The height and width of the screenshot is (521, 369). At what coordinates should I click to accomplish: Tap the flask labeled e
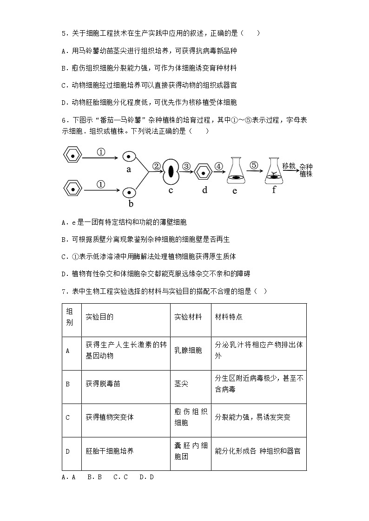[236, 171]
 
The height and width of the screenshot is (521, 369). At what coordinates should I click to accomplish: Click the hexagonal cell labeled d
[204, 171]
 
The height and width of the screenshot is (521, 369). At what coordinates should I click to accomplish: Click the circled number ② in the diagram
[157, 166]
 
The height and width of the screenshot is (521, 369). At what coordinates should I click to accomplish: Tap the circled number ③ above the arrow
[186, 166]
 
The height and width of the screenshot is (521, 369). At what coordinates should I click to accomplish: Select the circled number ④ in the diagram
[219, 166]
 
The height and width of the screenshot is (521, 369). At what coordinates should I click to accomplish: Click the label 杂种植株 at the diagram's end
[306, 170]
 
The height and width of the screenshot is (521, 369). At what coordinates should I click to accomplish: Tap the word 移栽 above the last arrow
[289, 166]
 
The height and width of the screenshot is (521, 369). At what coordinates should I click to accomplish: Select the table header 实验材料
[188, 317]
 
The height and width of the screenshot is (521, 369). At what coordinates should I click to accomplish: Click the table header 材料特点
[229, 317]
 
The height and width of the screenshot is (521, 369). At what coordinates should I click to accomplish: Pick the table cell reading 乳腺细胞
[188, 351]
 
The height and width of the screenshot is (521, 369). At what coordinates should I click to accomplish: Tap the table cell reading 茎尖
[182, 384]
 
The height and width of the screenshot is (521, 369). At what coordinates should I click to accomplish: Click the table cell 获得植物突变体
[110, 417]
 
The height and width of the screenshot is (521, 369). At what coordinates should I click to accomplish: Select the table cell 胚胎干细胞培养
[110, 450]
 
